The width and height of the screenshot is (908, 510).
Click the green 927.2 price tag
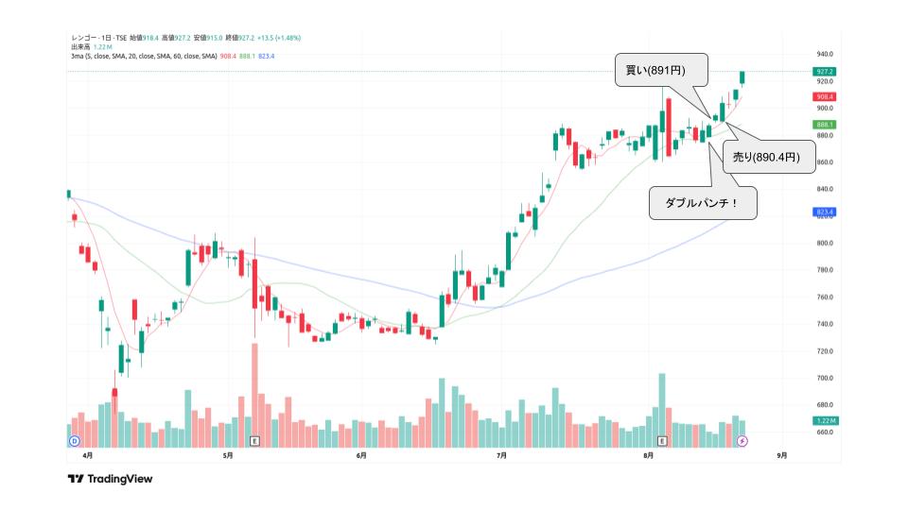(824, 72)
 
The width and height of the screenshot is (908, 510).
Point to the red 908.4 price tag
(824, 96)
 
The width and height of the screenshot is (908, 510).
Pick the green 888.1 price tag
(824, 125)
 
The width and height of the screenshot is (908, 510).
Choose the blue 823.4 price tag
(824, 212)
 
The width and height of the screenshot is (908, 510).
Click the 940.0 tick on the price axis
(825, 55)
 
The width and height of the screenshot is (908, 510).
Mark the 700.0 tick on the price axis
(825, 378)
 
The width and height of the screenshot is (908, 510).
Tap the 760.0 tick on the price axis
(825, 297)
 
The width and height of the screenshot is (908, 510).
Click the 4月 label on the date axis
(88, 455)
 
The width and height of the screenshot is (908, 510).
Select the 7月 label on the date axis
(501, 455)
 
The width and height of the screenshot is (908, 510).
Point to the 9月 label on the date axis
(781, 455)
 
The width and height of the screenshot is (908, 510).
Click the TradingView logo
(110, 479)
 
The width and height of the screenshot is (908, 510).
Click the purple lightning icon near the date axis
(742, 441)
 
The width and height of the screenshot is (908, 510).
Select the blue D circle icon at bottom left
(73, 441)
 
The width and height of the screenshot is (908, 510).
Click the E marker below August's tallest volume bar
(662, 441)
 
